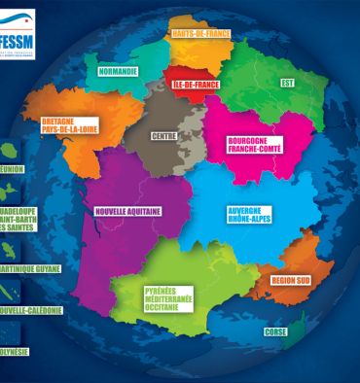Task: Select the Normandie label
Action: [118, 71]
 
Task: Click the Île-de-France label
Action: [193, 86]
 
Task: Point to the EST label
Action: [287, 83]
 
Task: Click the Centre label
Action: [162, 136]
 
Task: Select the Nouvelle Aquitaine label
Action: [127, 210]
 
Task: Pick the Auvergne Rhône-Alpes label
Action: [248, 215]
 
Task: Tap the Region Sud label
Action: [290, 280]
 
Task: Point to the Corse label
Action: [275, 332]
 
